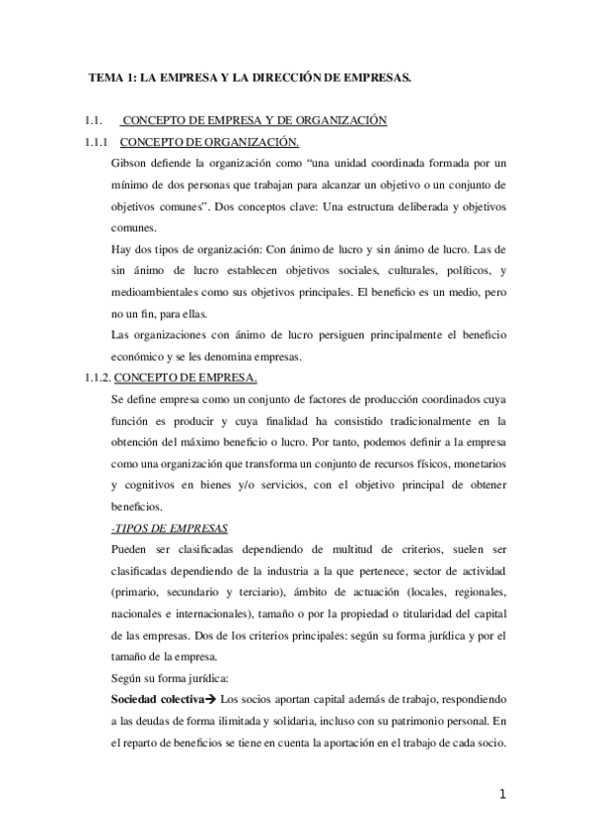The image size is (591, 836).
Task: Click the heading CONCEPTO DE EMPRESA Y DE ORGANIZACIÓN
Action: click(x=254, y=121)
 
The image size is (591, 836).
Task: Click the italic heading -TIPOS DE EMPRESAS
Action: click(x=172, y=527)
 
